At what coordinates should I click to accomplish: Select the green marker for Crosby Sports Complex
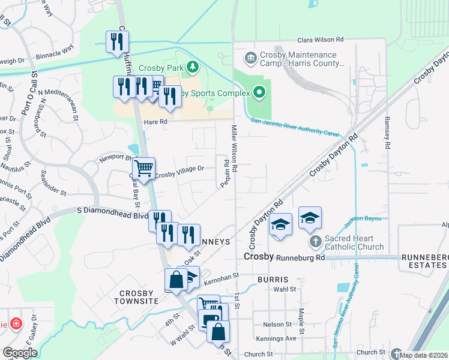tap(259, 92)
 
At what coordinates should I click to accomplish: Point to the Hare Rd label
tap(154, 121)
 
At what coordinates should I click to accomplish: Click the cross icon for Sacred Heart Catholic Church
tap(316, 242)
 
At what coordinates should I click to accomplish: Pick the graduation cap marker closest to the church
tap(310, 218)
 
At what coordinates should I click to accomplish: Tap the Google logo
tap(20, 353)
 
